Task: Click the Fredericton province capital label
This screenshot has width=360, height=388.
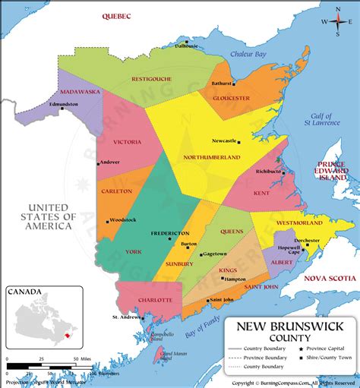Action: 169,233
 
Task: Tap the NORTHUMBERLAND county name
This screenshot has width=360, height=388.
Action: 212,157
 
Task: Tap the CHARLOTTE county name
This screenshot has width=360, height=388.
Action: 153,300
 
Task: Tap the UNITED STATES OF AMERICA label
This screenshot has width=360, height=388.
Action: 49,216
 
